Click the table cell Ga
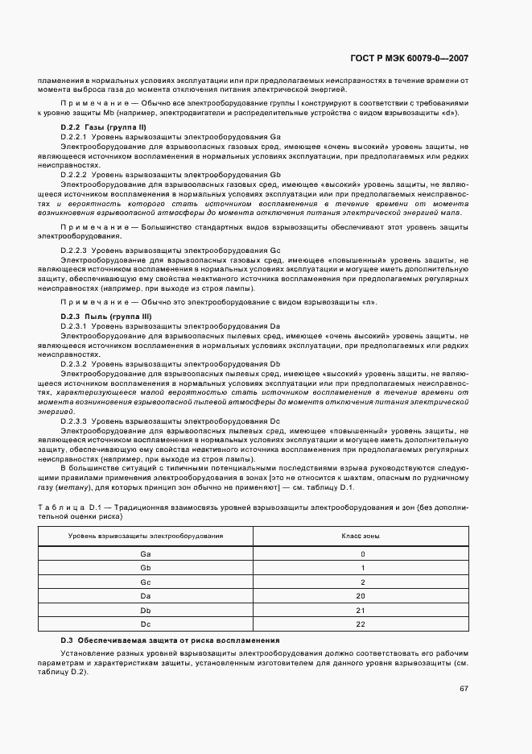[x=145, y=554]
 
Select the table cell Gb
[x=145, y=568]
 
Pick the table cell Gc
[x=145, y=582]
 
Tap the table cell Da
[x=145, y=595]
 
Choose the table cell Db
[x=145, y=610]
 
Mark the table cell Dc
[x=145, y=623]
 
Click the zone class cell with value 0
[x=362, y=554]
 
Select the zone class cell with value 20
[x=362, y=595]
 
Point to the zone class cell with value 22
[x=362, y=623]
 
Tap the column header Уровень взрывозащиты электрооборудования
[x=146, y=536]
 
